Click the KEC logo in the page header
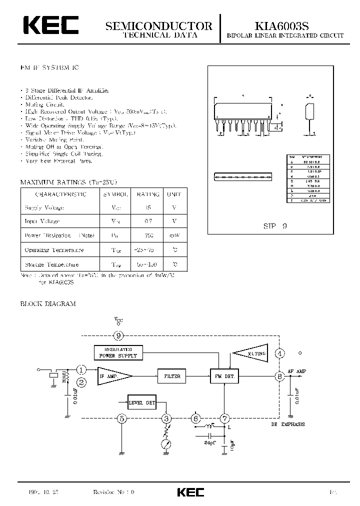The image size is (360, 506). (x=49, y=25)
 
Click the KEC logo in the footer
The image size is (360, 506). (x=190, y=492)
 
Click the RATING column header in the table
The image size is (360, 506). (x=148, y=194)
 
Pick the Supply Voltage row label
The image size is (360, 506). (x=44, y=207)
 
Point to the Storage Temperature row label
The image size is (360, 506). (x=51, y=264)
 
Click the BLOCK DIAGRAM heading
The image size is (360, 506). (x=48, y=303)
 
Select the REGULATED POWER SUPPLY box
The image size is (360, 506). (x=118, y=353)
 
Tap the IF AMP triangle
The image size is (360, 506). (x=113, y=376)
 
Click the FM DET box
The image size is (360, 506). (x=223, y=376)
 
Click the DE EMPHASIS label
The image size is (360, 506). (x=287, y=424)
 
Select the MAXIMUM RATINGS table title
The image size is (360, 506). (x=69, y=182)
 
